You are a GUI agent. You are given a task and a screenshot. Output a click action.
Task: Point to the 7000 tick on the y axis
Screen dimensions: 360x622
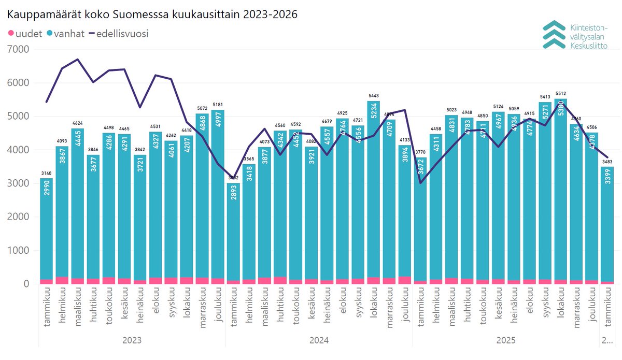point(20,49)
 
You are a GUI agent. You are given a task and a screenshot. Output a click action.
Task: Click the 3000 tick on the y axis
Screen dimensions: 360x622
point(20,183)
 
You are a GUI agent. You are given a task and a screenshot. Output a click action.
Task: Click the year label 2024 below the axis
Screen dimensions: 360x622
point(319,340)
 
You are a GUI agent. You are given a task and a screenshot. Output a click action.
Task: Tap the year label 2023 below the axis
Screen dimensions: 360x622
point(132,340)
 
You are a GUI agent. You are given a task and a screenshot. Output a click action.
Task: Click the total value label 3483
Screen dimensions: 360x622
point(607,162)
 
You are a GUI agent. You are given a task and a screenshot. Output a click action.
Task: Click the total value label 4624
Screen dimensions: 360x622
point(78,123)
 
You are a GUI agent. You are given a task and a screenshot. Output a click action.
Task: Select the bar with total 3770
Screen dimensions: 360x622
point(421,223)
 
